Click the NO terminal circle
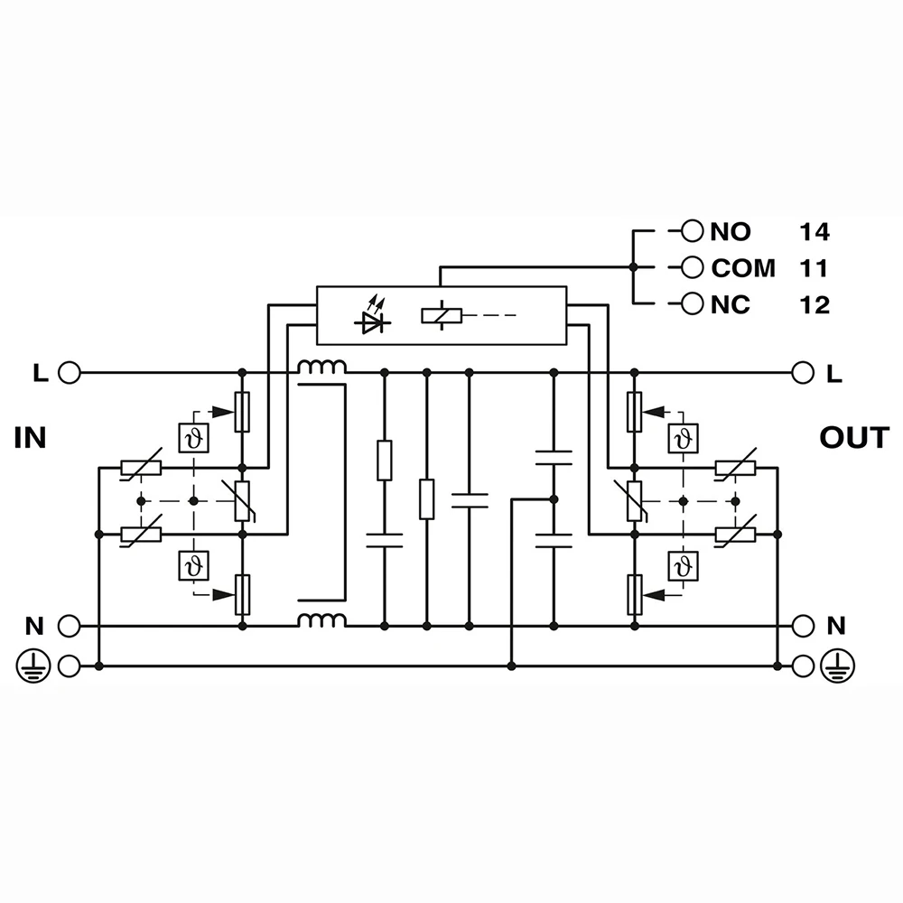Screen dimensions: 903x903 (692, 231)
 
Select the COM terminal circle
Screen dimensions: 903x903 (692, 267)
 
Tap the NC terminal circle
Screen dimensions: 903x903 (692, 304)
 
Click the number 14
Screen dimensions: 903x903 (814, 232)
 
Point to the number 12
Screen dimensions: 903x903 (814, 305)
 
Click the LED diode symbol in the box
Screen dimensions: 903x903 (371, 318)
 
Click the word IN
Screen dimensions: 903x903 (30, 439)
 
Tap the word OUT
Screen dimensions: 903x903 (853, 439)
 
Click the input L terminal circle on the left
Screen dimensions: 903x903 (69, 371)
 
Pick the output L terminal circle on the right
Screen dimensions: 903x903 (801, 371)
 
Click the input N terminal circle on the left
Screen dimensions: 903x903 (69, 625)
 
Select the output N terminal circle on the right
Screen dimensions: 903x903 (801, 625)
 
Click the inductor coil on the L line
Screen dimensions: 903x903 (322, 368)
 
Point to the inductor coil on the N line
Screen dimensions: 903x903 (322, 620)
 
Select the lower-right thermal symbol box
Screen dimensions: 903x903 (681, 566)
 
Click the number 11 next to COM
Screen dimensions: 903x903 (814, 268)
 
